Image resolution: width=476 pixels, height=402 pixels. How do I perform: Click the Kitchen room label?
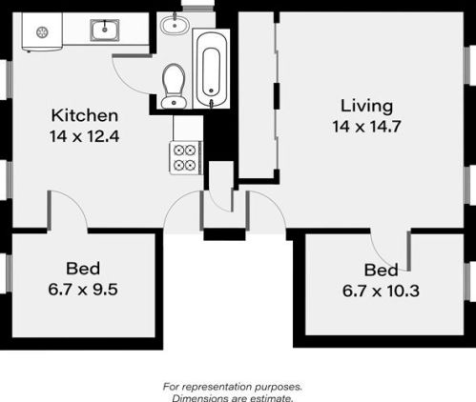coord(85,115)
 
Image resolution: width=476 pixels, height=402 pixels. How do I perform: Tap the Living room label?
coord(366,106)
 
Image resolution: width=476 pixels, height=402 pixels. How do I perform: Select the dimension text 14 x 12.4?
coord(85,136)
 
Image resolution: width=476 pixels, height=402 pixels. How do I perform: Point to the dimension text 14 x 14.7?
coord(366,127)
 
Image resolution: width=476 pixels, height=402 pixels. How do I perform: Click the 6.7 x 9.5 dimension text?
coord(83,290)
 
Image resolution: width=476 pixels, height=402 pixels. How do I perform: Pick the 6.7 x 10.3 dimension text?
coord(381,291)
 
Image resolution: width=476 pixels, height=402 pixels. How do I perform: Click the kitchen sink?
coord(105,30)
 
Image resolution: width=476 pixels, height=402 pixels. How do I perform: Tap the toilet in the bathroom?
coord(174,86)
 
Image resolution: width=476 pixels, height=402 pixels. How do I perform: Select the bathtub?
coord(211,69)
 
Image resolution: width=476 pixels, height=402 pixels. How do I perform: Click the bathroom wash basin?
coord(175,25)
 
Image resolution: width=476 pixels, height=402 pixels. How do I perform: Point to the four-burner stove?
coord(186,158)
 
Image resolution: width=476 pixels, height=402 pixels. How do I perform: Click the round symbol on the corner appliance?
coord(42,32)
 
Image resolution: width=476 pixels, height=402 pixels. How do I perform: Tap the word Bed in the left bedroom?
coord(83,269)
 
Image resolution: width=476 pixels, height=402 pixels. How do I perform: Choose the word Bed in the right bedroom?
coord(381,271)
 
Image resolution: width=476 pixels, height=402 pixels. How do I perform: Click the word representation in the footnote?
coord(217,387)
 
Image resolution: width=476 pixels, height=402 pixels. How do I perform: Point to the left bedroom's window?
coord(9,273)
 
